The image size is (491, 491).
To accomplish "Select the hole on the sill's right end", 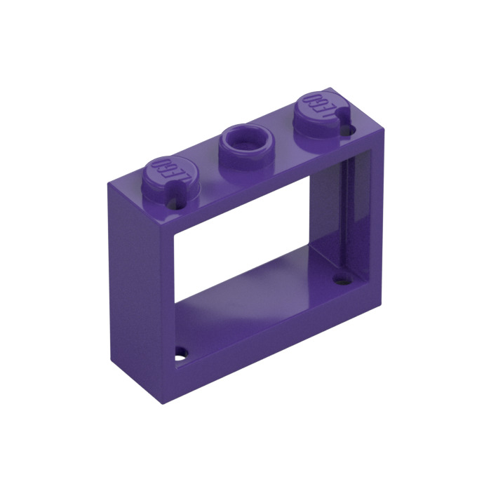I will tap(342, 281).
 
